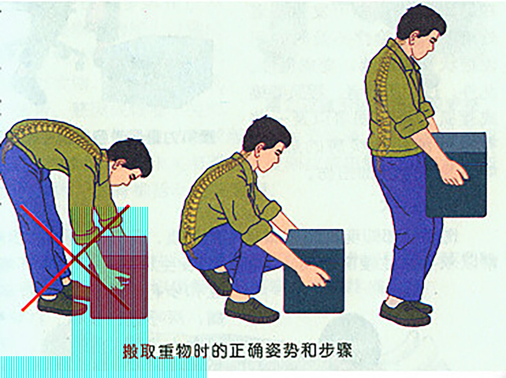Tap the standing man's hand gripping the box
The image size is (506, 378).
pos(453,174)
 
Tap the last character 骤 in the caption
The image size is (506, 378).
pos(343,350)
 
